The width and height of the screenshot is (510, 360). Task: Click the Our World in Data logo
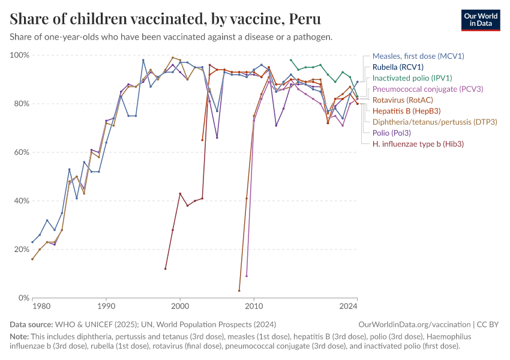pyautogui.click(x=481, y=20)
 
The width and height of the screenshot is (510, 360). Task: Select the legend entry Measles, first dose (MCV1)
pyautogui.click(x=418, y=56)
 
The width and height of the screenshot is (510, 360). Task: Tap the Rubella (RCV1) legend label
pyautogui.click(x=398, y=67)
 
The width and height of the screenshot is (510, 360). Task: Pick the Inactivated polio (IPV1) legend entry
pyautogui.click(x=412, y=78)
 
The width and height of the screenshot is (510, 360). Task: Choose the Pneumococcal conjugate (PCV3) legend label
pyautogui.click(x=428, y=89)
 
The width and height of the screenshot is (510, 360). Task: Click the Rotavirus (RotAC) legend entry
pyautogui.click(x=403, y=100)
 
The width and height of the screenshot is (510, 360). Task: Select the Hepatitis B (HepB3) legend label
pyautogui.click(x=406, y=111)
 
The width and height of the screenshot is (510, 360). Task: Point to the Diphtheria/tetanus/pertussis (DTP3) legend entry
pyautogui.click(x=435, y=122)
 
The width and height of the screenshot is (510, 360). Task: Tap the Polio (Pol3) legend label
pyautogui.click(x=392, y=133)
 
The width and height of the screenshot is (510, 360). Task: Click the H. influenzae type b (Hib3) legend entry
pyautogui.click(x=418, y=144)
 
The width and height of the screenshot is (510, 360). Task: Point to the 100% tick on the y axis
pyautogui.click(x=20, y=55)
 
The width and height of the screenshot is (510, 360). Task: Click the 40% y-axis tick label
pyautogui.click(x=22, y=200)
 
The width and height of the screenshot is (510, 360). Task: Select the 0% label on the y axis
pyautogui.click(x=23, y=298)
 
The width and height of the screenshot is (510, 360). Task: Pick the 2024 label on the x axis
pyautogui.click(x=349, y=306)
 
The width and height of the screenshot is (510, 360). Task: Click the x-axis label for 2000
pyautogui.click(x=180, y=306)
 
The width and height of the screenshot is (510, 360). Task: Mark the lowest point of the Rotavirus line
pyautogui.click(x=239, y=290)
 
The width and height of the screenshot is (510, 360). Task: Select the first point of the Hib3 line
pyautogui.click(x=165, y=269)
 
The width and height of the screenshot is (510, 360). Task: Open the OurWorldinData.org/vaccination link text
pyautogui.click(x=415, y=324)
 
